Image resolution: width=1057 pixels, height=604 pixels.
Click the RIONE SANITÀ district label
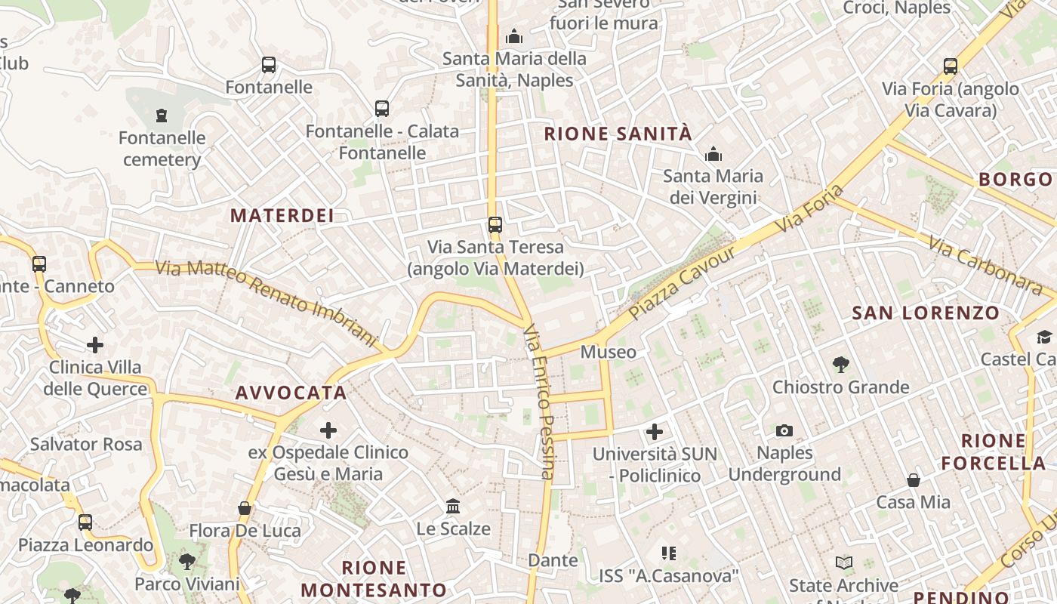click(618, 134)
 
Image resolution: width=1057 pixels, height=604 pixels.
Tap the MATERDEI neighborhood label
click(282, 215)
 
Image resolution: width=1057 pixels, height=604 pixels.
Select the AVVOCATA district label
click(291, 393)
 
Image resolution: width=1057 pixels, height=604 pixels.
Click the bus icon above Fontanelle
click(269, 65)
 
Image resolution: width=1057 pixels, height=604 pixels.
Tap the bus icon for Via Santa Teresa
click(495, 225)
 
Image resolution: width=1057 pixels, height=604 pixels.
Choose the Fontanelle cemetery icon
click(161, 116)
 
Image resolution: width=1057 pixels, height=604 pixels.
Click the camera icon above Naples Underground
click(784, 430)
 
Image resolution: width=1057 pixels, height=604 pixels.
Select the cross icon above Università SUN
click(655, 432)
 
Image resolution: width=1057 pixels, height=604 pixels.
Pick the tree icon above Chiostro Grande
click(840, 365)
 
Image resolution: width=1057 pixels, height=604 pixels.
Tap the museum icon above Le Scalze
click(453, 506)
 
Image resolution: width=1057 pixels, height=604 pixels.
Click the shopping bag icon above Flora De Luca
click(245, 508)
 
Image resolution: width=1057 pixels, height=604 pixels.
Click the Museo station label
click(608, 353)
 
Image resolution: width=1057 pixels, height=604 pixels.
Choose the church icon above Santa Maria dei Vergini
click(713, 155)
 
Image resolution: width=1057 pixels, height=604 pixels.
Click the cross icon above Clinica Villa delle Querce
click(95, 345)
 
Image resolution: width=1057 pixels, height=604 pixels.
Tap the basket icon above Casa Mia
click(914, 480)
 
